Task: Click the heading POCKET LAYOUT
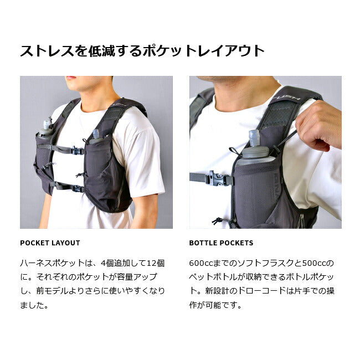[x=50, y=243]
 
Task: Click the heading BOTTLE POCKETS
[x=221, y=243]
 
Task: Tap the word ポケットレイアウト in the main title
[x=204, y=51]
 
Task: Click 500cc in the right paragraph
[x=314, y=263]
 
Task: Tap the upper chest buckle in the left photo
[x=77, y=151]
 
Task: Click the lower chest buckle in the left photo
[x=78, y=188]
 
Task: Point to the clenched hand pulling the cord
[x=318, y=126]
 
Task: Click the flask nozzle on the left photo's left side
[x=47, y=125]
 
